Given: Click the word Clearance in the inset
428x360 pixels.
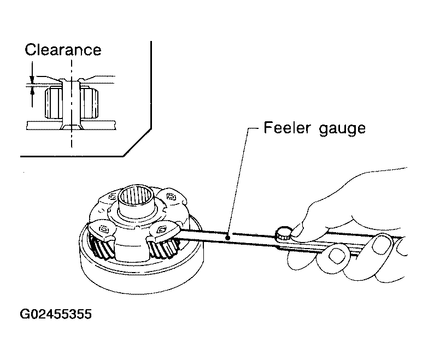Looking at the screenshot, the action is [63, 50].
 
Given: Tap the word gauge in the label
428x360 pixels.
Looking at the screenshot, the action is [342, 129].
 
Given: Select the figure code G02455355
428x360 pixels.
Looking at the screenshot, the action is [56, 314].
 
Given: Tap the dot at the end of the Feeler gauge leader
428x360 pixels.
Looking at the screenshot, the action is [227, 238].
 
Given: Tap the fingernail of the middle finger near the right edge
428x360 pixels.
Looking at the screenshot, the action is [382, 244].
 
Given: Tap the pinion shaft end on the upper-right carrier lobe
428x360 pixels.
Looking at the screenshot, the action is [171, 196].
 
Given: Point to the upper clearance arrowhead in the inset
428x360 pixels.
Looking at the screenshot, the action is [32, 80].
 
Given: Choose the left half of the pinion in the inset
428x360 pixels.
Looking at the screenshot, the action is [54, 103].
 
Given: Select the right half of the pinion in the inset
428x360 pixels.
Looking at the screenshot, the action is [89, 103].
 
